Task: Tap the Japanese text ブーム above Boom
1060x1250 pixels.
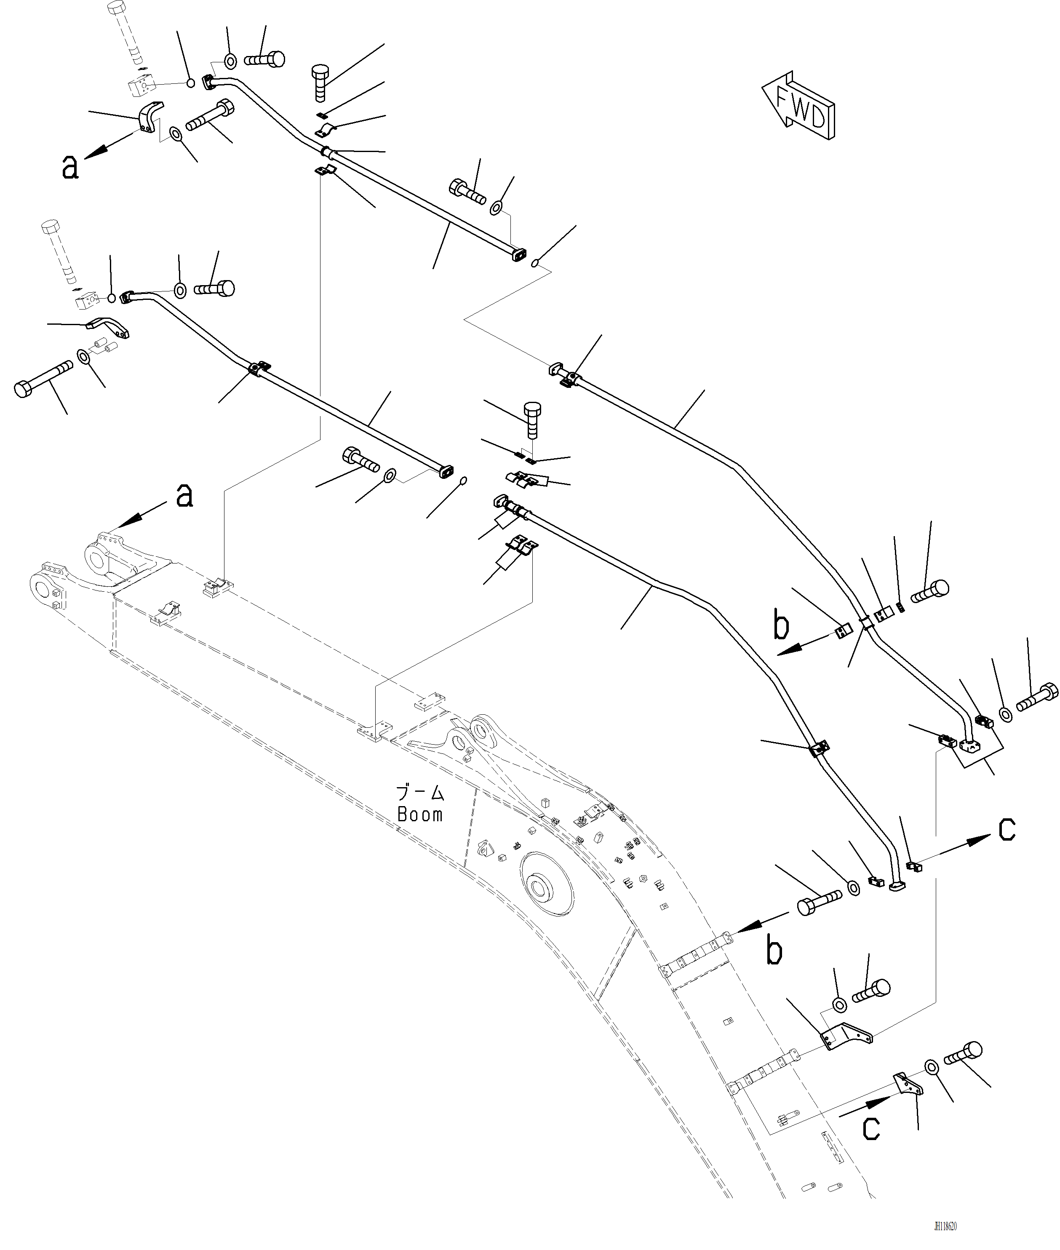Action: coord(420,793)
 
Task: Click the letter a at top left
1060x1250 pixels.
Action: coord(70,167)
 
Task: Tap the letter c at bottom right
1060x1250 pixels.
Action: coord(871,1128)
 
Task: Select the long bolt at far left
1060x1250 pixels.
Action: coord(42,379)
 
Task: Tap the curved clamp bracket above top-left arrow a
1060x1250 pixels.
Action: coord(150,117)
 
